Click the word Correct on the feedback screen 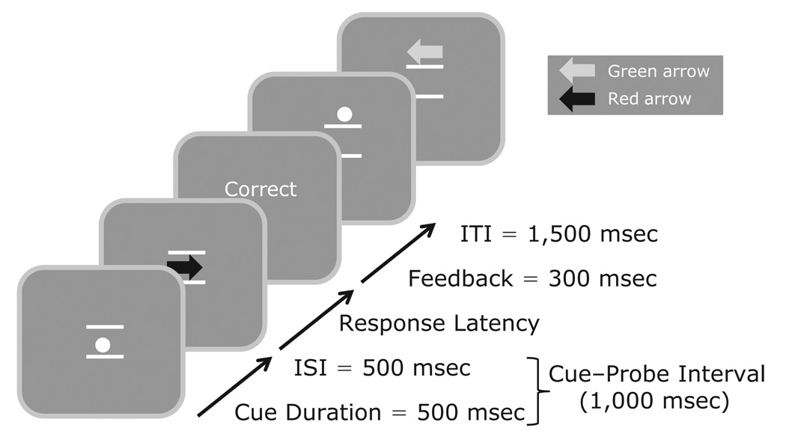pos(261,189)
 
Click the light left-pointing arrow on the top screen pos(424,53)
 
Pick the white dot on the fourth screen pos(344,114)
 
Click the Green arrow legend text pos(658,72)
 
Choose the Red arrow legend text pos(649,99)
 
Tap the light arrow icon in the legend pos(578,71)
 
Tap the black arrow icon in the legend pos(578,98)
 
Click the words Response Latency pos(439,323)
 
